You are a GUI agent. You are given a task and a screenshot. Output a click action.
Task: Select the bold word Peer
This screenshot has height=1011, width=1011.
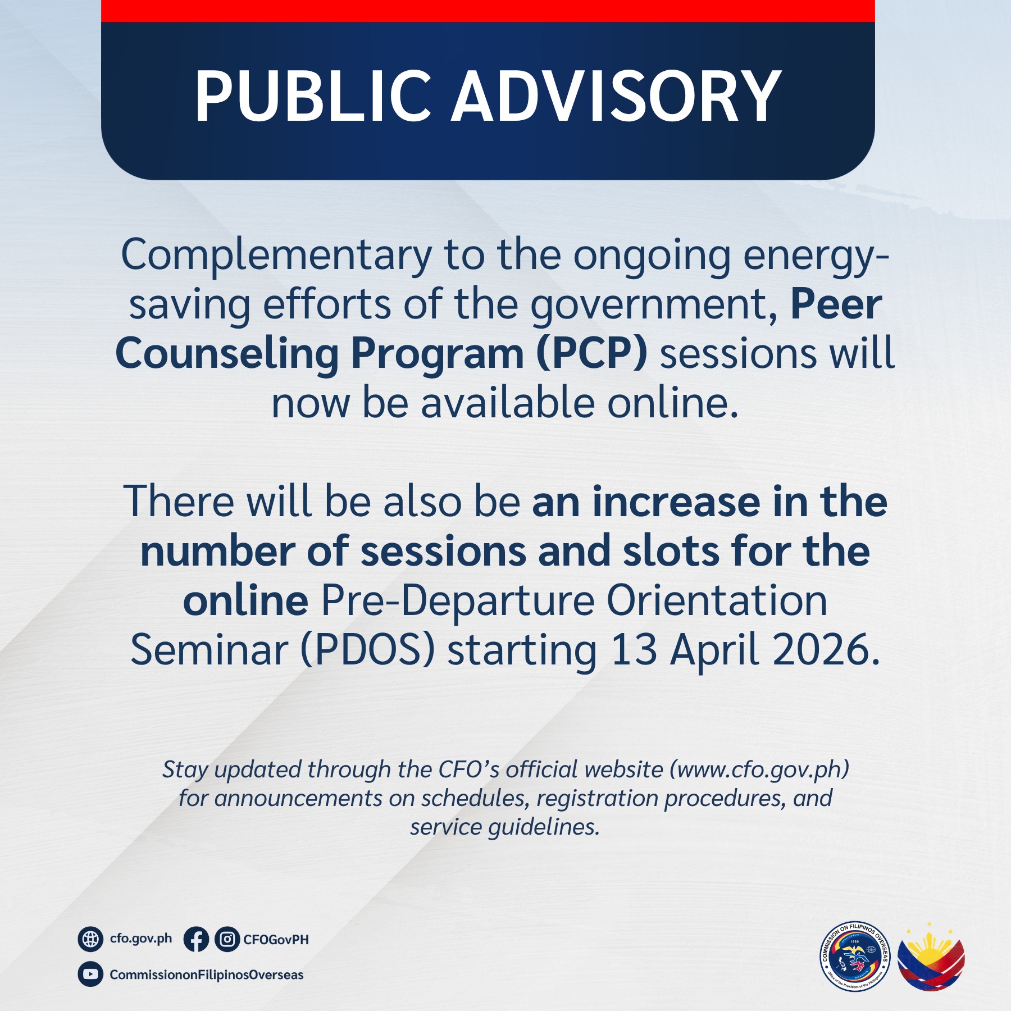tap(836, 304)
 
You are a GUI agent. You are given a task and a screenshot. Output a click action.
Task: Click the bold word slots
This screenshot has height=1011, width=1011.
tap(671, 551)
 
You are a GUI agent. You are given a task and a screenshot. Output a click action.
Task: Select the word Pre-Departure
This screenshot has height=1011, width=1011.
tap(457, 600)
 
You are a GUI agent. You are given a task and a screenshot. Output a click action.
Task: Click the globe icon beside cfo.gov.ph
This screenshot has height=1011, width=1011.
tap(90, 939)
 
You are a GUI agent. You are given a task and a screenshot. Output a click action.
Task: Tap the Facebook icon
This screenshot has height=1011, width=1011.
tap(196, 939)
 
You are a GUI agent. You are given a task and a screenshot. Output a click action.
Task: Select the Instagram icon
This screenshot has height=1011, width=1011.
tap(227, 939)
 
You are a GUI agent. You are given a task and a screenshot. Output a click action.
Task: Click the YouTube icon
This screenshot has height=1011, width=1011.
tap(90, 974)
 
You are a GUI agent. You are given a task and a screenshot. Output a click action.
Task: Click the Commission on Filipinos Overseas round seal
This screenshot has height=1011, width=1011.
tap(854, 957)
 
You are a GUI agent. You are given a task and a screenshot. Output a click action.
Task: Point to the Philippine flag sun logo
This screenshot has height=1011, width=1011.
tap(931, 958)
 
